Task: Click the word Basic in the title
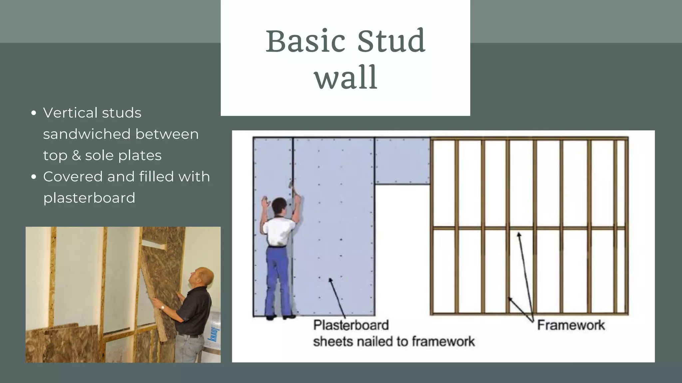305,41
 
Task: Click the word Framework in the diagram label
571,325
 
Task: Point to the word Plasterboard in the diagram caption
351,325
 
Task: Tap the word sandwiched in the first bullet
87,134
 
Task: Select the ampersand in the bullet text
76,155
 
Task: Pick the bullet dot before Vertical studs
33,113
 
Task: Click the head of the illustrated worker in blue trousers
279,206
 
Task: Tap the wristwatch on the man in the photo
163,307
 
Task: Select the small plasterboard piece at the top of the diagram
402,161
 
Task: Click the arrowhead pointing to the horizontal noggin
518,235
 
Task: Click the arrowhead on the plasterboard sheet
330,280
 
